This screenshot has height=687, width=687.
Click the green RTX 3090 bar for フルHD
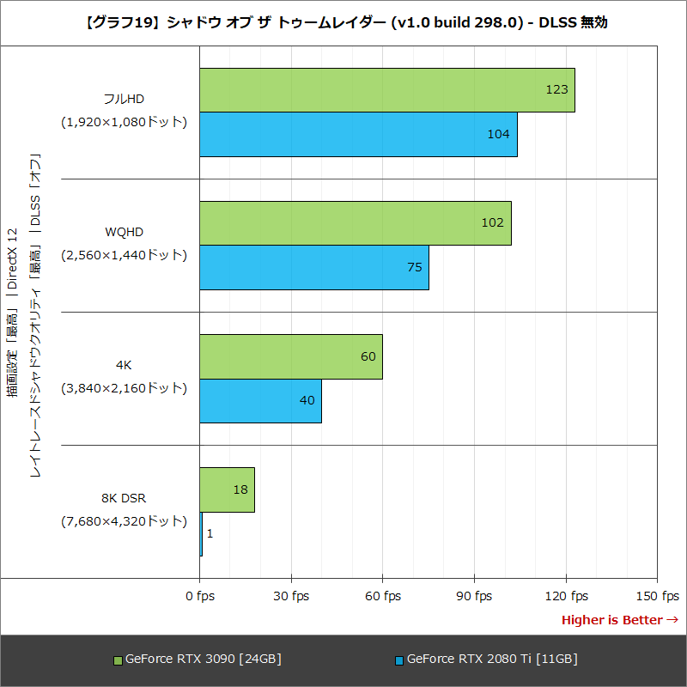pyautogui.click(x=386, y=90)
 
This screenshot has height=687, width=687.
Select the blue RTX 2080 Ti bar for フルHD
pyautogui.click(x=358, y=135)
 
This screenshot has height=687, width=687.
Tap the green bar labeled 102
pyautogui.click(x=355, y=223)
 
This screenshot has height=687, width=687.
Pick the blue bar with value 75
pyautogui.click(x=313, y=268)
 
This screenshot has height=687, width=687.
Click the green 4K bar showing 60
pyautogui.click(x=290, y=356)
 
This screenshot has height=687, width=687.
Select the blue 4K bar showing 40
pyautogui.click(x=260, y=401)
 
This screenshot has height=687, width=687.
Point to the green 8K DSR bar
pyautogui.click(x=227, y=489)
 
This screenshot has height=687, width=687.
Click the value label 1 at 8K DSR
pyautogui.click(x=210, y=534)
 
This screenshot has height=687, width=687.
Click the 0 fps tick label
pyautogui.click(x=200, y=596)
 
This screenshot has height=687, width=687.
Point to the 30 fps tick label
pyautogui.click(x=291, y=596)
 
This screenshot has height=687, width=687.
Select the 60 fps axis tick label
pyautogui.click(x=382, y=596)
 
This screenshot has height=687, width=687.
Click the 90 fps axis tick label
pyautogui.click(x=474, y=596)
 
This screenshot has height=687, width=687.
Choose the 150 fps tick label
pyautogui.click(x=657, y=596)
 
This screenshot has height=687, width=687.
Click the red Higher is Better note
pyautogui.click(x=619, y=620)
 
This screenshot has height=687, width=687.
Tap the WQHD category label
pyautogui.click(x=125, y=232)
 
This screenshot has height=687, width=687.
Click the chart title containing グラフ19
pyautogui.click(x=343, y=23)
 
